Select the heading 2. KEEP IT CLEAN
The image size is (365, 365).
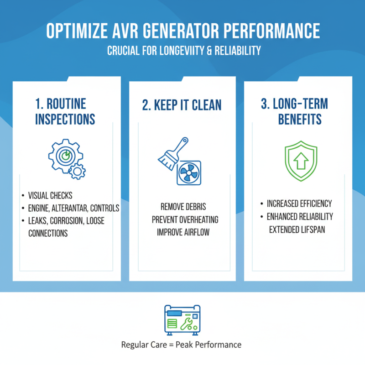[182, 104]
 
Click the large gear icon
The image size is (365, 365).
[65, 156]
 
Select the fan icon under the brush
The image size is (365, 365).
[188, 173]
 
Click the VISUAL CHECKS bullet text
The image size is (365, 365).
[50, 196]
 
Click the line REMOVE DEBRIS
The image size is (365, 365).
[183, 207]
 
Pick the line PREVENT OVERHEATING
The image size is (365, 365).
[185, 219]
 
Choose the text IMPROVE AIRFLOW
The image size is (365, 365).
[183, 232]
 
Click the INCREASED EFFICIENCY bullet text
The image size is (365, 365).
[299, 203]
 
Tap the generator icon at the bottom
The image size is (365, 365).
[182, 318]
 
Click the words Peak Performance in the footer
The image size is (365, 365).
[213, 344]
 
